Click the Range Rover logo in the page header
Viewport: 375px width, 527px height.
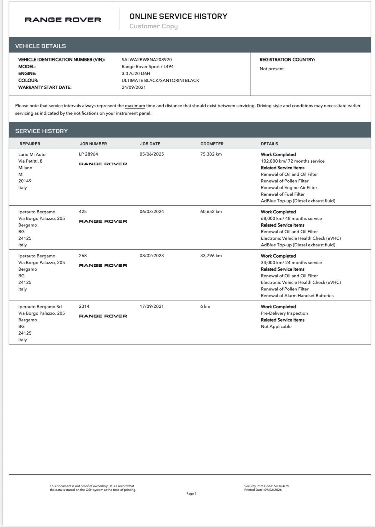click(63, 20)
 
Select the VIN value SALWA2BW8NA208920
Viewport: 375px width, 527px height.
click(147, 60)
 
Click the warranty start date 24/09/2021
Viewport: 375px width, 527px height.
click(134, 87)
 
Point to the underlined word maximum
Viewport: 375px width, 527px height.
click(135, 106)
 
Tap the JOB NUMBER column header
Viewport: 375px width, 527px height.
click(93, 144)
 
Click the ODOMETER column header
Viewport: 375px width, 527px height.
click(212, 144)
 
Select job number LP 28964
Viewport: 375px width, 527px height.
click(88, 154)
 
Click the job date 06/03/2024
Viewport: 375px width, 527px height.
click(152, 212)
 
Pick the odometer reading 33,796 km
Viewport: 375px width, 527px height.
click(211, 256)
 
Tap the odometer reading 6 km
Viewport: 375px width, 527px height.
click(205, 306)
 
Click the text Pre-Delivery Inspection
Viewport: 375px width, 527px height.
click(284, 313)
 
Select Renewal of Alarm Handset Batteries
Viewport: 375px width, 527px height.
click(297, 295)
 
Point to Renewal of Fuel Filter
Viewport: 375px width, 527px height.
click(282, 194)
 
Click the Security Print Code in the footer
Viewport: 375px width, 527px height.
click(267, 486)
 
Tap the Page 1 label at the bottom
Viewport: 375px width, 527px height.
click(191, 493)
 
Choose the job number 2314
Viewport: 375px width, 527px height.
click(84, 306)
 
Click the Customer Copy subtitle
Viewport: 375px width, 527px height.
click(153, 26)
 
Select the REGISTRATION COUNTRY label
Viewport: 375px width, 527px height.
click(287, 60)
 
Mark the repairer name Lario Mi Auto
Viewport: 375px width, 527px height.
click(32, 154)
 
